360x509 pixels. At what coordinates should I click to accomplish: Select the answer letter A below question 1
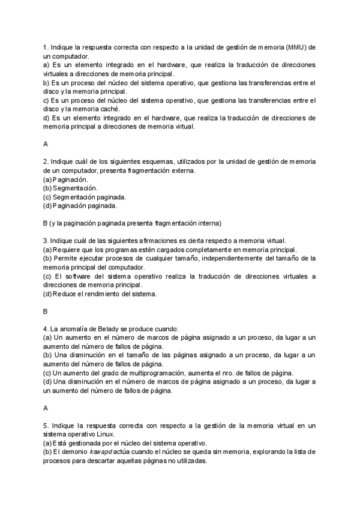point(46,144)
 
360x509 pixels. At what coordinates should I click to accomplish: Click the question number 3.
point(46,241)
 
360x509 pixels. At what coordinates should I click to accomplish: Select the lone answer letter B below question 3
point(46,312)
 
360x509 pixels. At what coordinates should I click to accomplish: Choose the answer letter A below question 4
point(46,408)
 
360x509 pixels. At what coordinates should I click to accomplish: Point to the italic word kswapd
point(101,452)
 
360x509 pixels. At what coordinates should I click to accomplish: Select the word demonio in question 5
point(75,452)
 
